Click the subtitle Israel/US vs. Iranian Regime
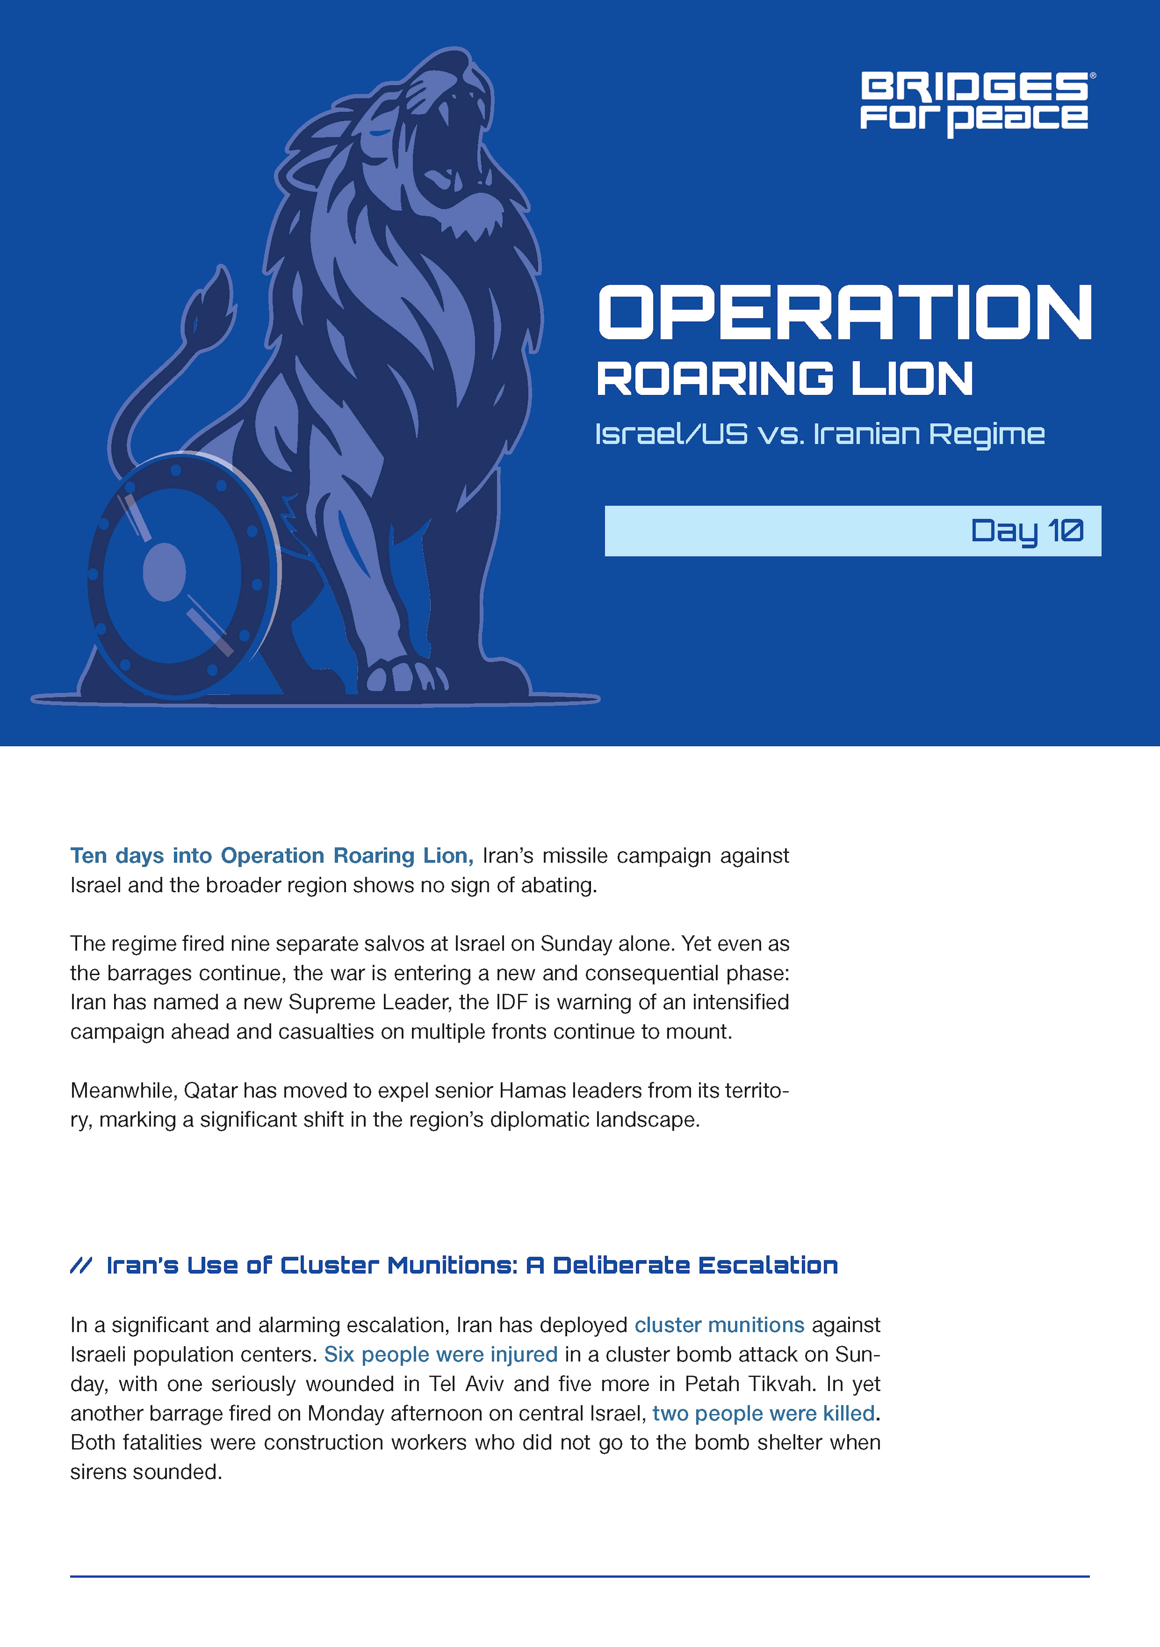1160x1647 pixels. click(820, 434)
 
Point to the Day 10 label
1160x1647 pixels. click(1027, 531)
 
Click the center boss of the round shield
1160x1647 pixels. click(164, 572)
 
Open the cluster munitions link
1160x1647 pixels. click(719, 1325)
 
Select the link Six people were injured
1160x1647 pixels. click(440, 1354)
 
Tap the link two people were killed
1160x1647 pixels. click(763, 1413)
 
